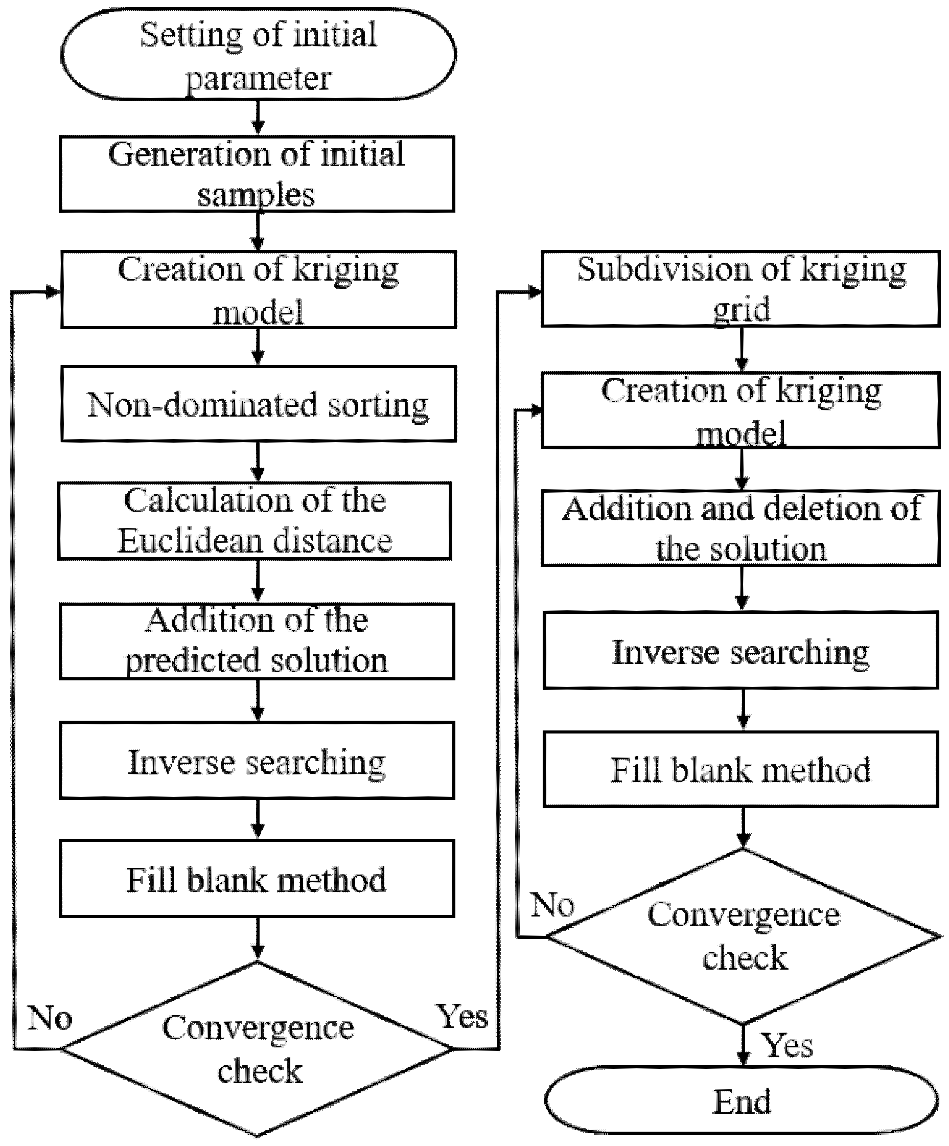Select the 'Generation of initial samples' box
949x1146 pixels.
click(x=257, y=174)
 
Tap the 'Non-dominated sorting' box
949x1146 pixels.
click(x=258, y=404)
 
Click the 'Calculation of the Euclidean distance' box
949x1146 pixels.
click(x=254, y=521)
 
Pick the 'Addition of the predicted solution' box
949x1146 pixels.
click(x=257, y=641)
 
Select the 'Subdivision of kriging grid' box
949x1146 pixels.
click(x=740, y=289)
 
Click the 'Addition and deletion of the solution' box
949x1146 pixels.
click(x=740, y=528)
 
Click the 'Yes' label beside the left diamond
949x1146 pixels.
click(x=461, y=1016)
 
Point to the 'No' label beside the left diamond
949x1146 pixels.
click(x=50, y=1018)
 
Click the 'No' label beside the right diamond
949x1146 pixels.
click(x=552, y=905)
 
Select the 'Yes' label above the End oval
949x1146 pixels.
click(x=786, y=1045)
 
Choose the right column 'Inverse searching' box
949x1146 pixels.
click(x=740, y=651)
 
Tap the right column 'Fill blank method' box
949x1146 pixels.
click(x=740, y=769)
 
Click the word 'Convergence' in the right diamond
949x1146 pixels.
click(x=743, y=914)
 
